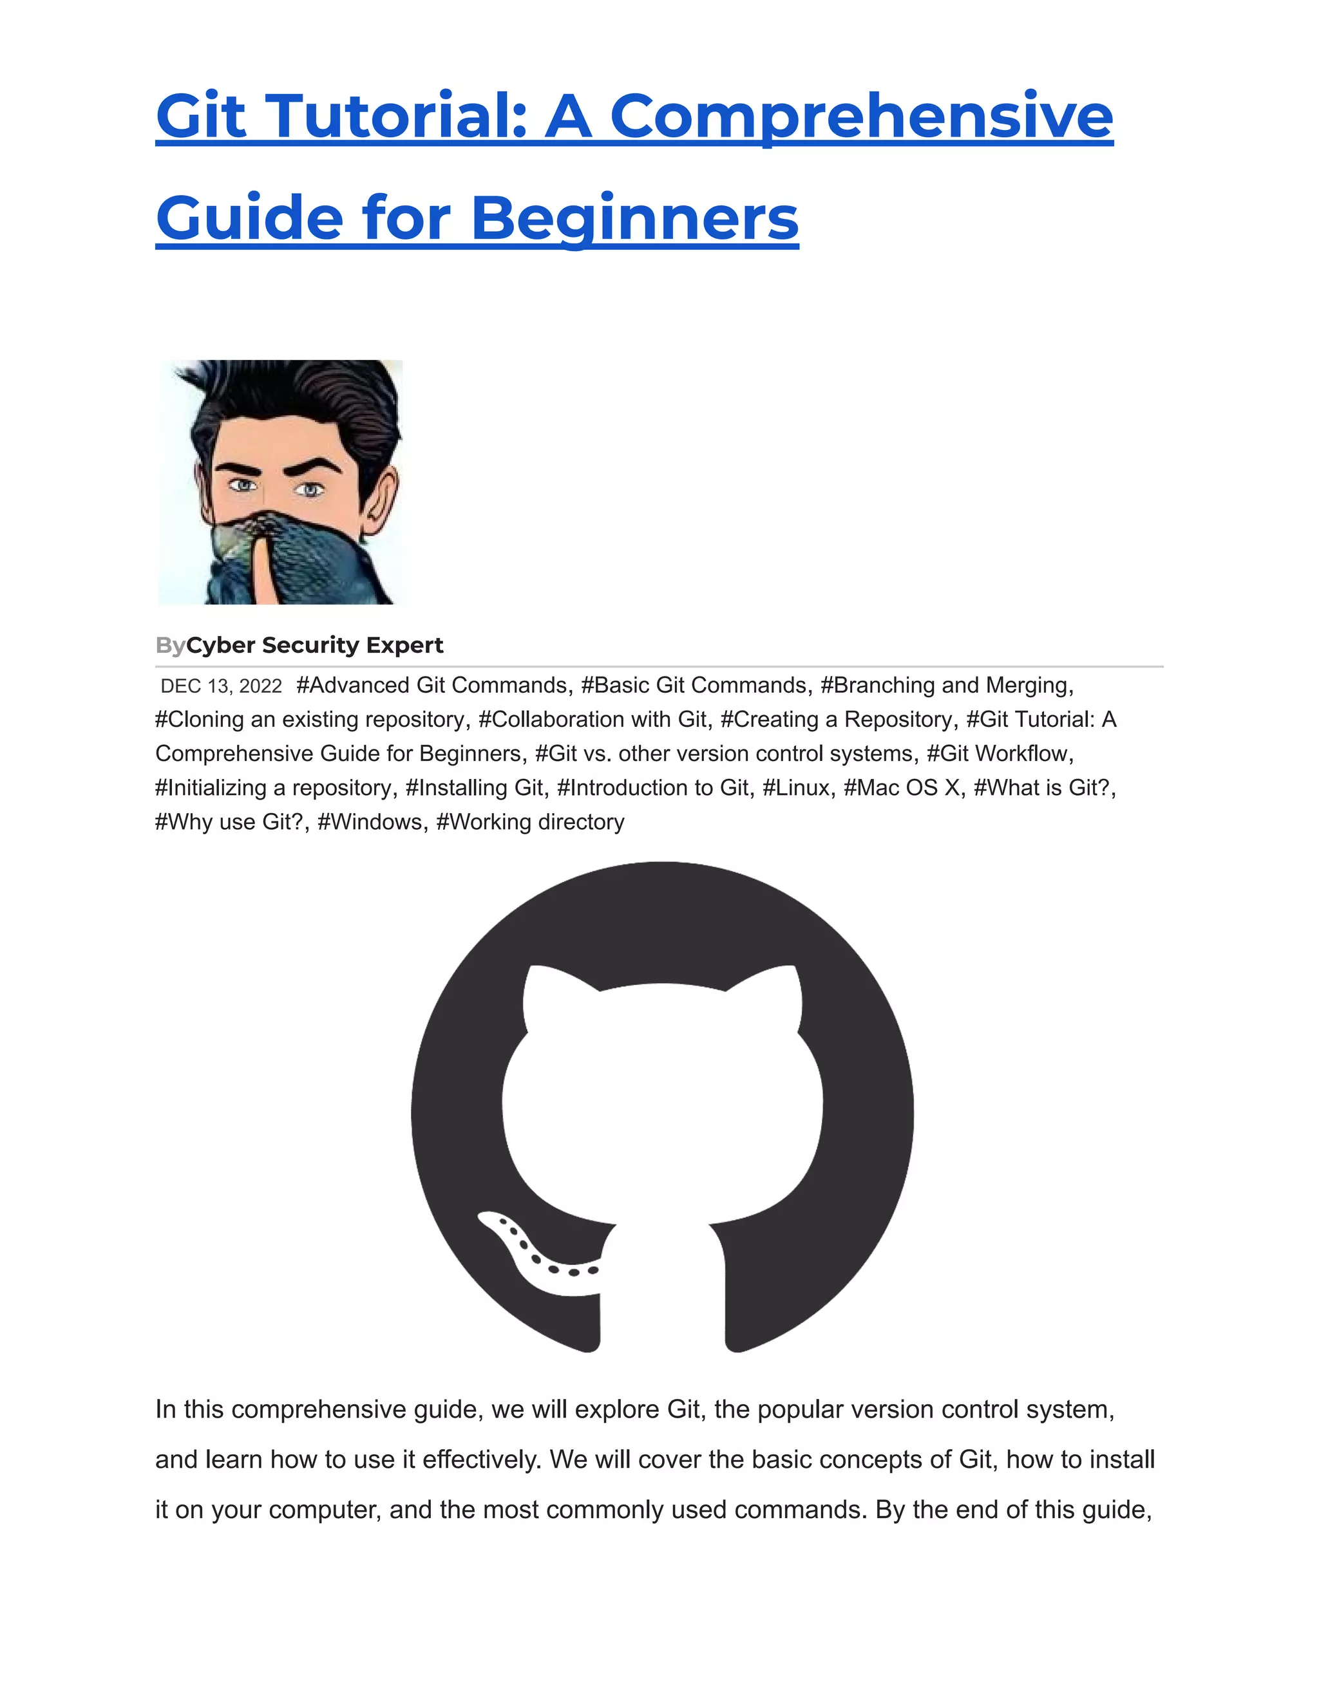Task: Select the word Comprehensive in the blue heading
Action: (861, 117)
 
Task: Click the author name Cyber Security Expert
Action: (314, 645)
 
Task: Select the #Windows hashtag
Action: (372, 821)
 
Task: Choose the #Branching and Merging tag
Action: (946, 685)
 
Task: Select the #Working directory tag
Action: (530, 821)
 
